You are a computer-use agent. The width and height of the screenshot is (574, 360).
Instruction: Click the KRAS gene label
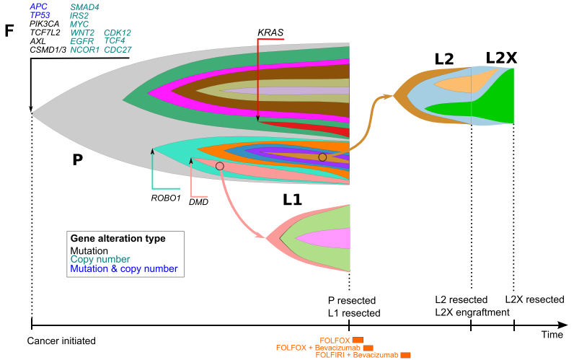point(270,32)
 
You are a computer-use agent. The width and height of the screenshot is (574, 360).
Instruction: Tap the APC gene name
point(39,6)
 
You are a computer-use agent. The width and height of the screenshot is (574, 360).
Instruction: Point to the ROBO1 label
point(165,197)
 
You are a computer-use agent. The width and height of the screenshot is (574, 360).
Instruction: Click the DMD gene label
point(198,203)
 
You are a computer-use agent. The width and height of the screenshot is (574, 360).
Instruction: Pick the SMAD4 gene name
point(85,6)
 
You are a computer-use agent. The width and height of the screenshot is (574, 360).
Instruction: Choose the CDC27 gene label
point(118,50)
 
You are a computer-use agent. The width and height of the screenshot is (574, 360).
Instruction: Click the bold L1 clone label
point(292,201)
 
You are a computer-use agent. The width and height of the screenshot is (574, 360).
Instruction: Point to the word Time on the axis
point(552,335)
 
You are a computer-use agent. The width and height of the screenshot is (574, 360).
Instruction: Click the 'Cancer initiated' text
point(62,340)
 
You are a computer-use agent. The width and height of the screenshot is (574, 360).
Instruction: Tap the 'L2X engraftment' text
point(472,312)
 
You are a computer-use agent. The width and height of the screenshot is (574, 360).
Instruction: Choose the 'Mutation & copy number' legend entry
point(123,269)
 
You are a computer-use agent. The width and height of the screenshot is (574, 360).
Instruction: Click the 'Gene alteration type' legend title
point(118,239)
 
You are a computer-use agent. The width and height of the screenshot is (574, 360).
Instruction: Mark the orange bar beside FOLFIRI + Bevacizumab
point(405,355)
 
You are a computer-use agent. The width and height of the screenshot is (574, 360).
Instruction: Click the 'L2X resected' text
point(534,299)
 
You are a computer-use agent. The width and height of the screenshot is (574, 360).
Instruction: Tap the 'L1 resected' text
point(354,312)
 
